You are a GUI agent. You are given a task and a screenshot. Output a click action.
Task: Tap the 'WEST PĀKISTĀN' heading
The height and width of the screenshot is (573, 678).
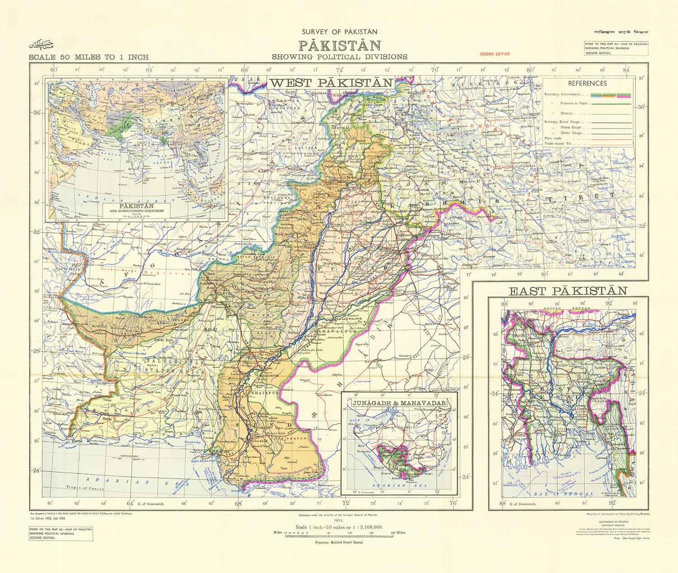click(x=331, y=83)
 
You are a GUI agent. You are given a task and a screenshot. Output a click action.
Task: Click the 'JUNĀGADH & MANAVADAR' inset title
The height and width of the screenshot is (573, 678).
click(x=400, y=403)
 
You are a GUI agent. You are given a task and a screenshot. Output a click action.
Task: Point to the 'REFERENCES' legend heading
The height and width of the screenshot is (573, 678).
click(x=587, y=84)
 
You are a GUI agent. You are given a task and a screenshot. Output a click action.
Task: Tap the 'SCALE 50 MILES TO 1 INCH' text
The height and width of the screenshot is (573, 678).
click(x=88, y=57)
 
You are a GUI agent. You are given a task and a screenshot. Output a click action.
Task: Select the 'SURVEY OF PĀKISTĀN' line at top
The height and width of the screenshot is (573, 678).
click(x=339, y=32)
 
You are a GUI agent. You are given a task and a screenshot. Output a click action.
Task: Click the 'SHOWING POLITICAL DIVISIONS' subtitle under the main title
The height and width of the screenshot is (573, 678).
click(x=339, y=57)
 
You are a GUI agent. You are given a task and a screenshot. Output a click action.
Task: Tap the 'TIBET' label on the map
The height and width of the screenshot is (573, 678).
click(x=587, y=197)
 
